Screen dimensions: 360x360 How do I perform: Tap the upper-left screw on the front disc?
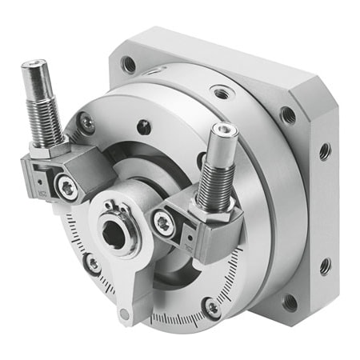click(x=86, y=122)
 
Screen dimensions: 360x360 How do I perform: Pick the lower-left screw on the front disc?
click(x=95, y=262)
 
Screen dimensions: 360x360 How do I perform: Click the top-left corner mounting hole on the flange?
click(x=128, y=64)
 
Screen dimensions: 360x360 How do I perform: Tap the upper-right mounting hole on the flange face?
click(x=287, y=114)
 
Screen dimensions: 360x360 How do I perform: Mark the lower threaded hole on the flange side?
click(x=325, y=265)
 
